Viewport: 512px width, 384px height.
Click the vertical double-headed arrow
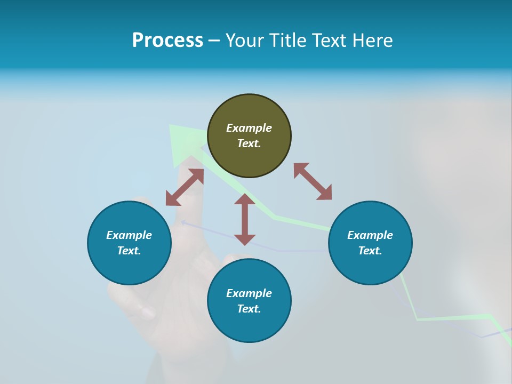tap(245, 219)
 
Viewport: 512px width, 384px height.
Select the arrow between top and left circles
tap(185, 187)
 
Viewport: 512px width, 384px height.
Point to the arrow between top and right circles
tap(313, 181)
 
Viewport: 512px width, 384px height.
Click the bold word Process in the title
tap(167, 40)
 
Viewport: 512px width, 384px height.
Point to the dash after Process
tap(214, 41)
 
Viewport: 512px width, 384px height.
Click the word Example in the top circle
tap(249, 128)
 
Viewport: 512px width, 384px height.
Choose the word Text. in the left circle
tap(129, 251)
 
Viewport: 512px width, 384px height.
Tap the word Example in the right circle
tap(370, 235)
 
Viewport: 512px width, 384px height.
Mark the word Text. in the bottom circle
tap(249, 309)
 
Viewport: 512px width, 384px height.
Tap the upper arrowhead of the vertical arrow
tap(245, 200)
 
